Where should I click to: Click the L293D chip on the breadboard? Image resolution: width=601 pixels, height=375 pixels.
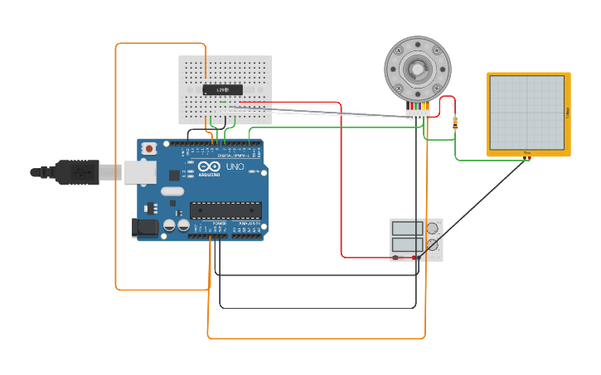[x=222, y=89]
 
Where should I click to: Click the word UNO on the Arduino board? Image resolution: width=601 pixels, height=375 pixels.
[x=235, y=166]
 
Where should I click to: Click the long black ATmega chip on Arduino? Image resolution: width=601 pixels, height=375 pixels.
[x=225, y=210]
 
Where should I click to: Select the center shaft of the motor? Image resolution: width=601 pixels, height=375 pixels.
[x=417, y=69]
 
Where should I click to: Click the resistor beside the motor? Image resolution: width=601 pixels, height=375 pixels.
[x=454, y=123]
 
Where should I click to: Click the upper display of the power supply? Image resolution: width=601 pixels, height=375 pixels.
[x=407, y=228]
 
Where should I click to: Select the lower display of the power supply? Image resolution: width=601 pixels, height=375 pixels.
[x=407, y=245]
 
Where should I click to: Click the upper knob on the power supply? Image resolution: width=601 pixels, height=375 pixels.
[x=432, y=228]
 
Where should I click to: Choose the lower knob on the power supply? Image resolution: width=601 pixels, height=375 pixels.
[x=432, y=245]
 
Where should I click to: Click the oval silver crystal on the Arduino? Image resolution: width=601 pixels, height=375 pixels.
[x=172, y=191]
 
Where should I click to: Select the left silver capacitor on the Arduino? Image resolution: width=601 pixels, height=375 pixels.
[x=168, y=225]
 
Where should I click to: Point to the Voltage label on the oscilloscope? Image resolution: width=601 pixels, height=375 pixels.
[x=567, y=112]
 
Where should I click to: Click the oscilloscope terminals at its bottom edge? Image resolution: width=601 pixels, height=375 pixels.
[x=526, y=155]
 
